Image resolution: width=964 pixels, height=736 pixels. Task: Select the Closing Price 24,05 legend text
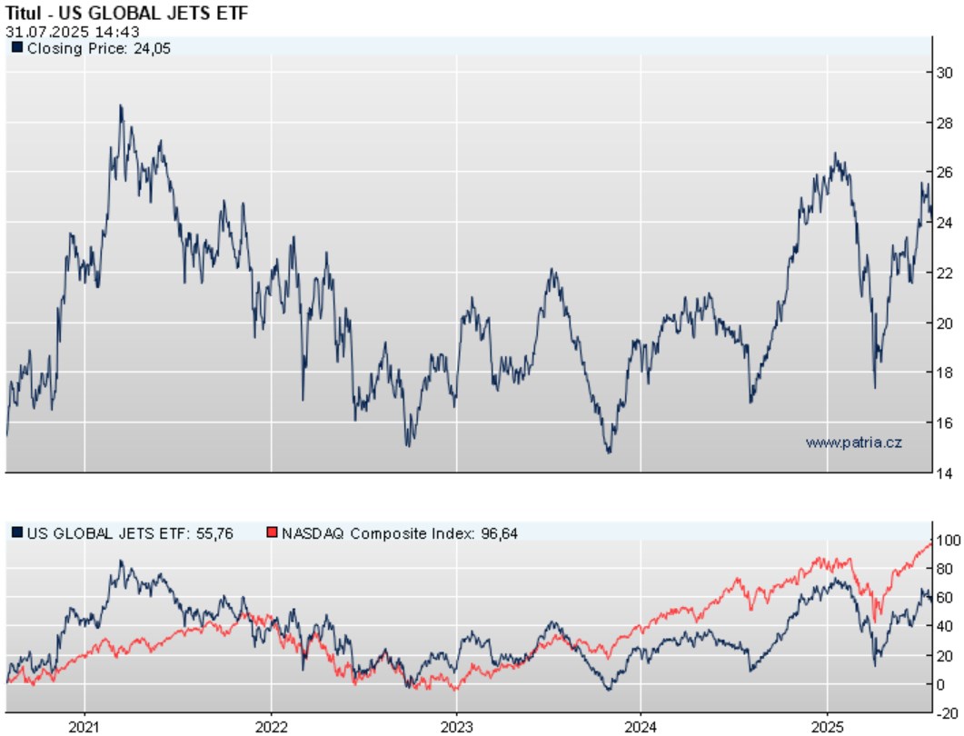(x=99, y=48)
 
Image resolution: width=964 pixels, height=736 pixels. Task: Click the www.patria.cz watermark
(x=853, y=443)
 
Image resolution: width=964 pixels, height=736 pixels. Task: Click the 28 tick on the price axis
(x=944, y=123)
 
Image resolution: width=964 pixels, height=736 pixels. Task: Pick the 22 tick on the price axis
(x=944, y=273)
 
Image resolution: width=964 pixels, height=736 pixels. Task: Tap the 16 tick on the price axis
(x=944, y=423)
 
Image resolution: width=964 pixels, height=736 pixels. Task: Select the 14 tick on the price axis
(x=944, y=472)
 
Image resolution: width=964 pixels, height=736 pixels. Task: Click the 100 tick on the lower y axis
(x=947, y=539)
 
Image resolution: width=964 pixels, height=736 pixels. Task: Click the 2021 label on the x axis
(x=84, y=727)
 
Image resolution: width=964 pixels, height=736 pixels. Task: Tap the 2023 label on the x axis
(x=456, y=727)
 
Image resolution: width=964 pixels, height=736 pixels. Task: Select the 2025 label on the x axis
(x=828, y=727)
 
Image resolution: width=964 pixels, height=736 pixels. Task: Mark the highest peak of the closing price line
(x=121, y=105)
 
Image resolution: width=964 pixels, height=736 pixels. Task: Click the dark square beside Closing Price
(x=16, y=48)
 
